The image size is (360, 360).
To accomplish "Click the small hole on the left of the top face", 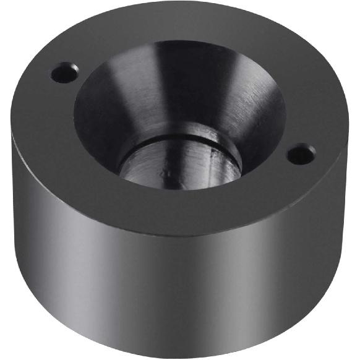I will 64,74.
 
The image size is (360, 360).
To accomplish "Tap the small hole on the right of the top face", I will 301,153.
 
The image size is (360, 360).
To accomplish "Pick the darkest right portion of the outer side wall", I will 322,247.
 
